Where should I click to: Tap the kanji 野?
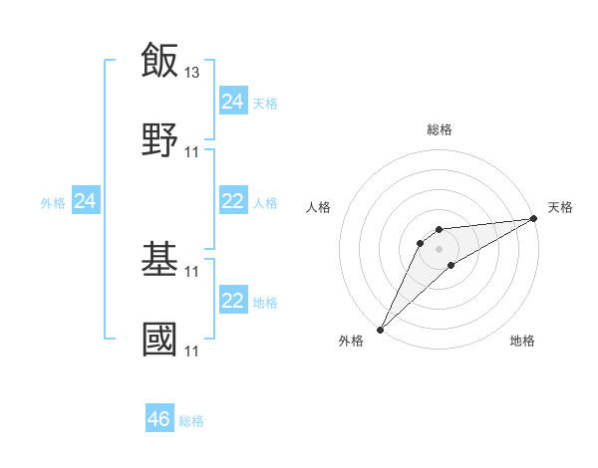coord(159,140)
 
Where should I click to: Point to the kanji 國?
coord(159,340)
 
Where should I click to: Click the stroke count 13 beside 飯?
coord(193,72)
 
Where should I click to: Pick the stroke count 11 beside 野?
coord(193,152)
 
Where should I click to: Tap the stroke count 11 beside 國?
coord(193,351)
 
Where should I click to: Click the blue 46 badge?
coord(159,419)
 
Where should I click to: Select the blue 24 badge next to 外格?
coord(86,202)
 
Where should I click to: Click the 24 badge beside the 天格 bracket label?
coord(233,101)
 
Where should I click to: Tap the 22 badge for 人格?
coord(233,201)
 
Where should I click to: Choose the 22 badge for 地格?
coord(233,301)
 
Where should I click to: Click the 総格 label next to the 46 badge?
coord(191,421)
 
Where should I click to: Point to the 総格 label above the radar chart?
coord(440,129)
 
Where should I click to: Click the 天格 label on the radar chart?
coord(560,207)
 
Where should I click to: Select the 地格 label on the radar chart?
coord(522,341)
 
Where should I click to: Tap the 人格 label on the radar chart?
coord(319,207)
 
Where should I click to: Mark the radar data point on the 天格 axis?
coord(534,218)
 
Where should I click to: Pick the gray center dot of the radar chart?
coord(440,249)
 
